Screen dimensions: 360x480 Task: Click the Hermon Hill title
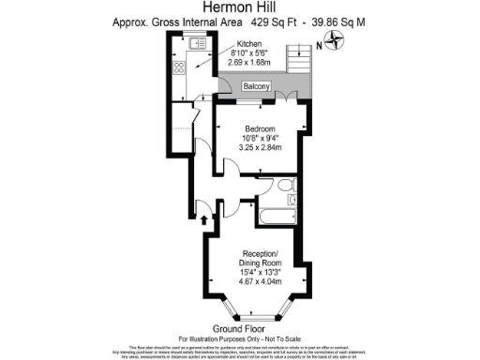(240, 7)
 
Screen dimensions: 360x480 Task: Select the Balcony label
(257, 87)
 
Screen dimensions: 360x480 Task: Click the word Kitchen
(249, 44)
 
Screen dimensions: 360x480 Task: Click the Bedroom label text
(260, 127)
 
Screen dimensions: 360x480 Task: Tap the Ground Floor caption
(240, 329)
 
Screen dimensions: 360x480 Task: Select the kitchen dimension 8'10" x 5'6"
(249, 53)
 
